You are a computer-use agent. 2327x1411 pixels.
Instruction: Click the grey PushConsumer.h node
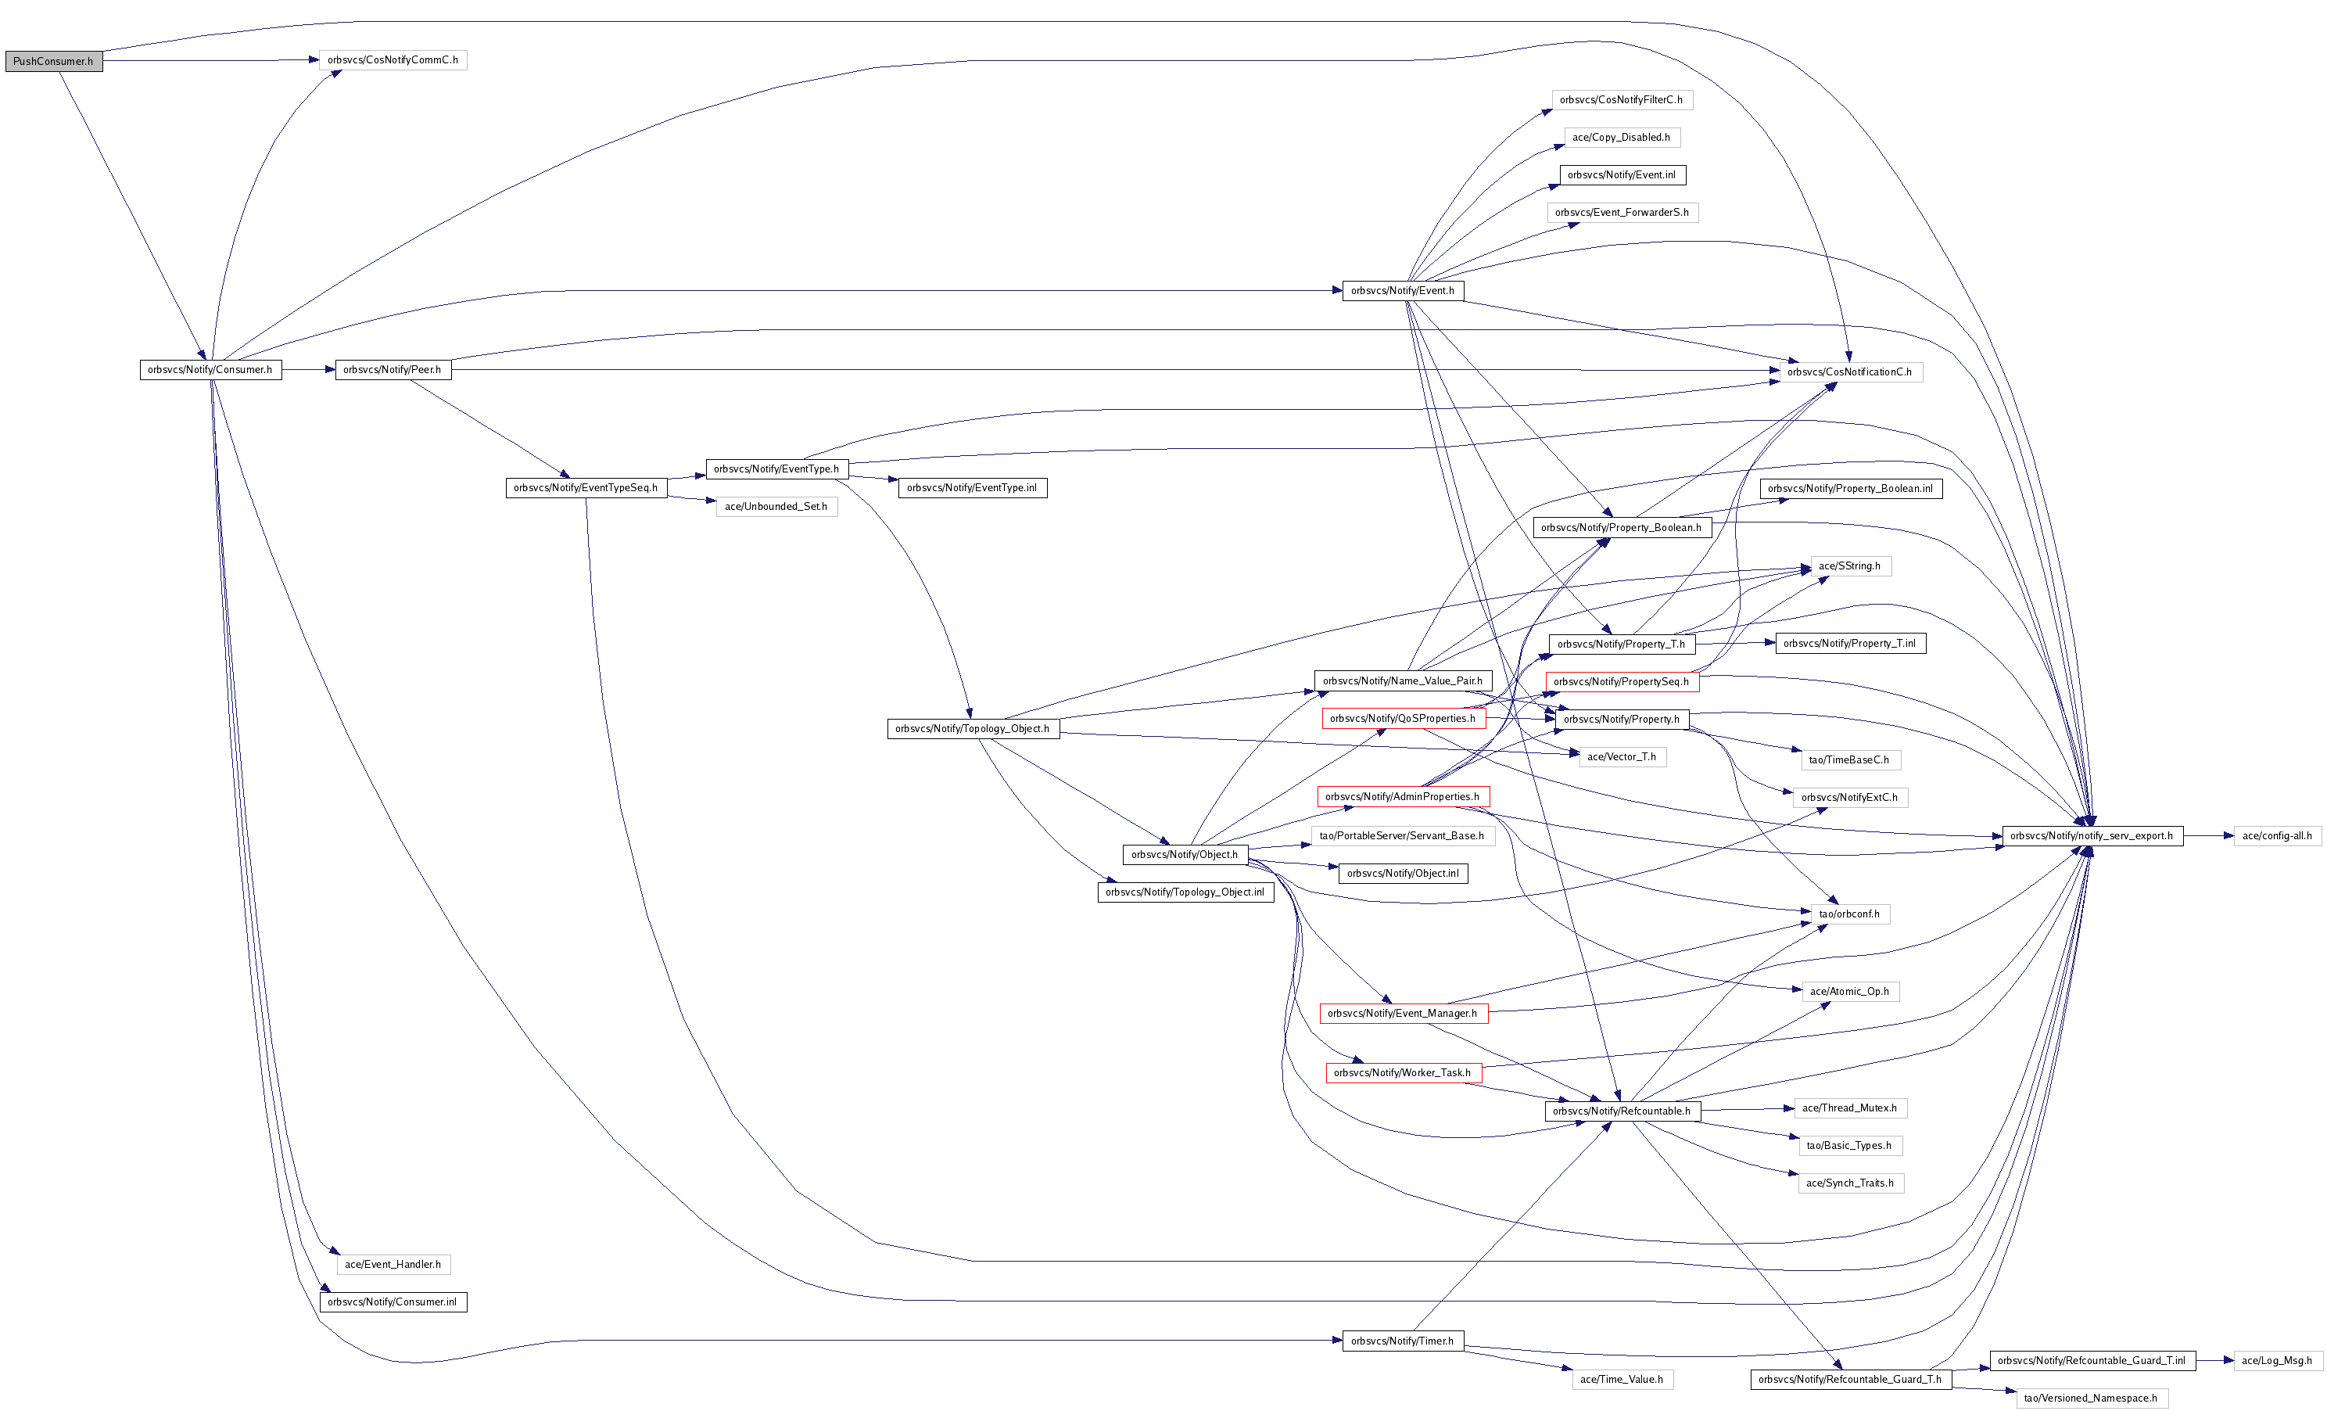(x=54, y=61)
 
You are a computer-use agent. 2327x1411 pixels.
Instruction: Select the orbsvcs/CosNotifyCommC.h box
(x=393, y=59)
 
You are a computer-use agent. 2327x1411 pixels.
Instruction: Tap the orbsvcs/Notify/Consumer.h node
(x=210, y=369)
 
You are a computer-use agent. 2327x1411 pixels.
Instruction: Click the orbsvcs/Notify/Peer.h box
(x=393, y=369)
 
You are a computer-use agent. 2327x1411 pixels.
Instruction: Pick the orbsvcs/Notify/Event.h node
(x=1404, y=291)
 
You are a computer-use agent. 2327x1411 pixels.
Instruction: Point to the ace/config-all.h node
(x=2277, y=836)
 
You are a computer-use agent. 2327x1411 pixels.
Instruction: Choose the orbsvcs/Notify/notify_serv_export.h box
(x=2092, y=836)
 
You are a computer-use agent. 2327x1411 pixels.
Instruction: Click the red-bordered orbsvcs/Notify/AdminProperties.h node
(x=1404, y=796)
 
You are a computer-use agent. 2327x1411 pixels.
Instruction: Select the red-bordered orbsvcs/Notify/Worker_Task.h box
(x=1404, y=1073)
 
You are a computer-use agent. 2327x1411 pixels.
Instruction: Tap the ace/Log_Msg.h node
(x=2277, y=1361)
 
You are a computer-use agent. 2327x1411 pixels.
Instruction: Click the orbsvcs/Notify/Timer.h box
(x=1404, y=1341)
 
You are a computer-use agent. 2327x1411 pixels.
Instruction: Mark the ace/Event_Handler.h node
(x=393, y=1264)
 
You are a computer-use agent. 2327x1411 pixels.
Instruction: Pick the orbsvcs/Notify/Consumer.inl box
(x=393, y=1301)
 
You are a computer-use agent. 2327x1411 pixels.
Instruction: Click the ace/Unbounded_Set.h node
(x=776, y=506)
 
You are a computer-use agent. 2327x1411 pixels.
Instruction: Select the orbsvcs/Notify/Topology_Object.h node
(x=973, y=728)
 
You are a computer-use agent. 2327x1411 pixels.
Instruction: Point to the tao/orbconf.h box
(x=1849, y=914)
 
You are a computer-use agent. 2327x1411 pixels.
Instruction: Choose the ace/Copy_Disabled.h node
(x=1622, y=137)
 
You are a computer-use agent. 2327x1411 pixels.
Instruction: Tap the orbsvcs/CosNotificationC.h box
(x=1849, y=372)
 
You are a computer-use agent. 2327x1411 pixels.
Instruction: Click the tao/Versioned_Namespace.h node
(x=2092, y=1398)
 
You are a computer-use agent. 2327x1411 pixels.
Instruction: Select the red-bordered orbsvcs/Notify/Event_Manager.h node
(x=1404, y=1014)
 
